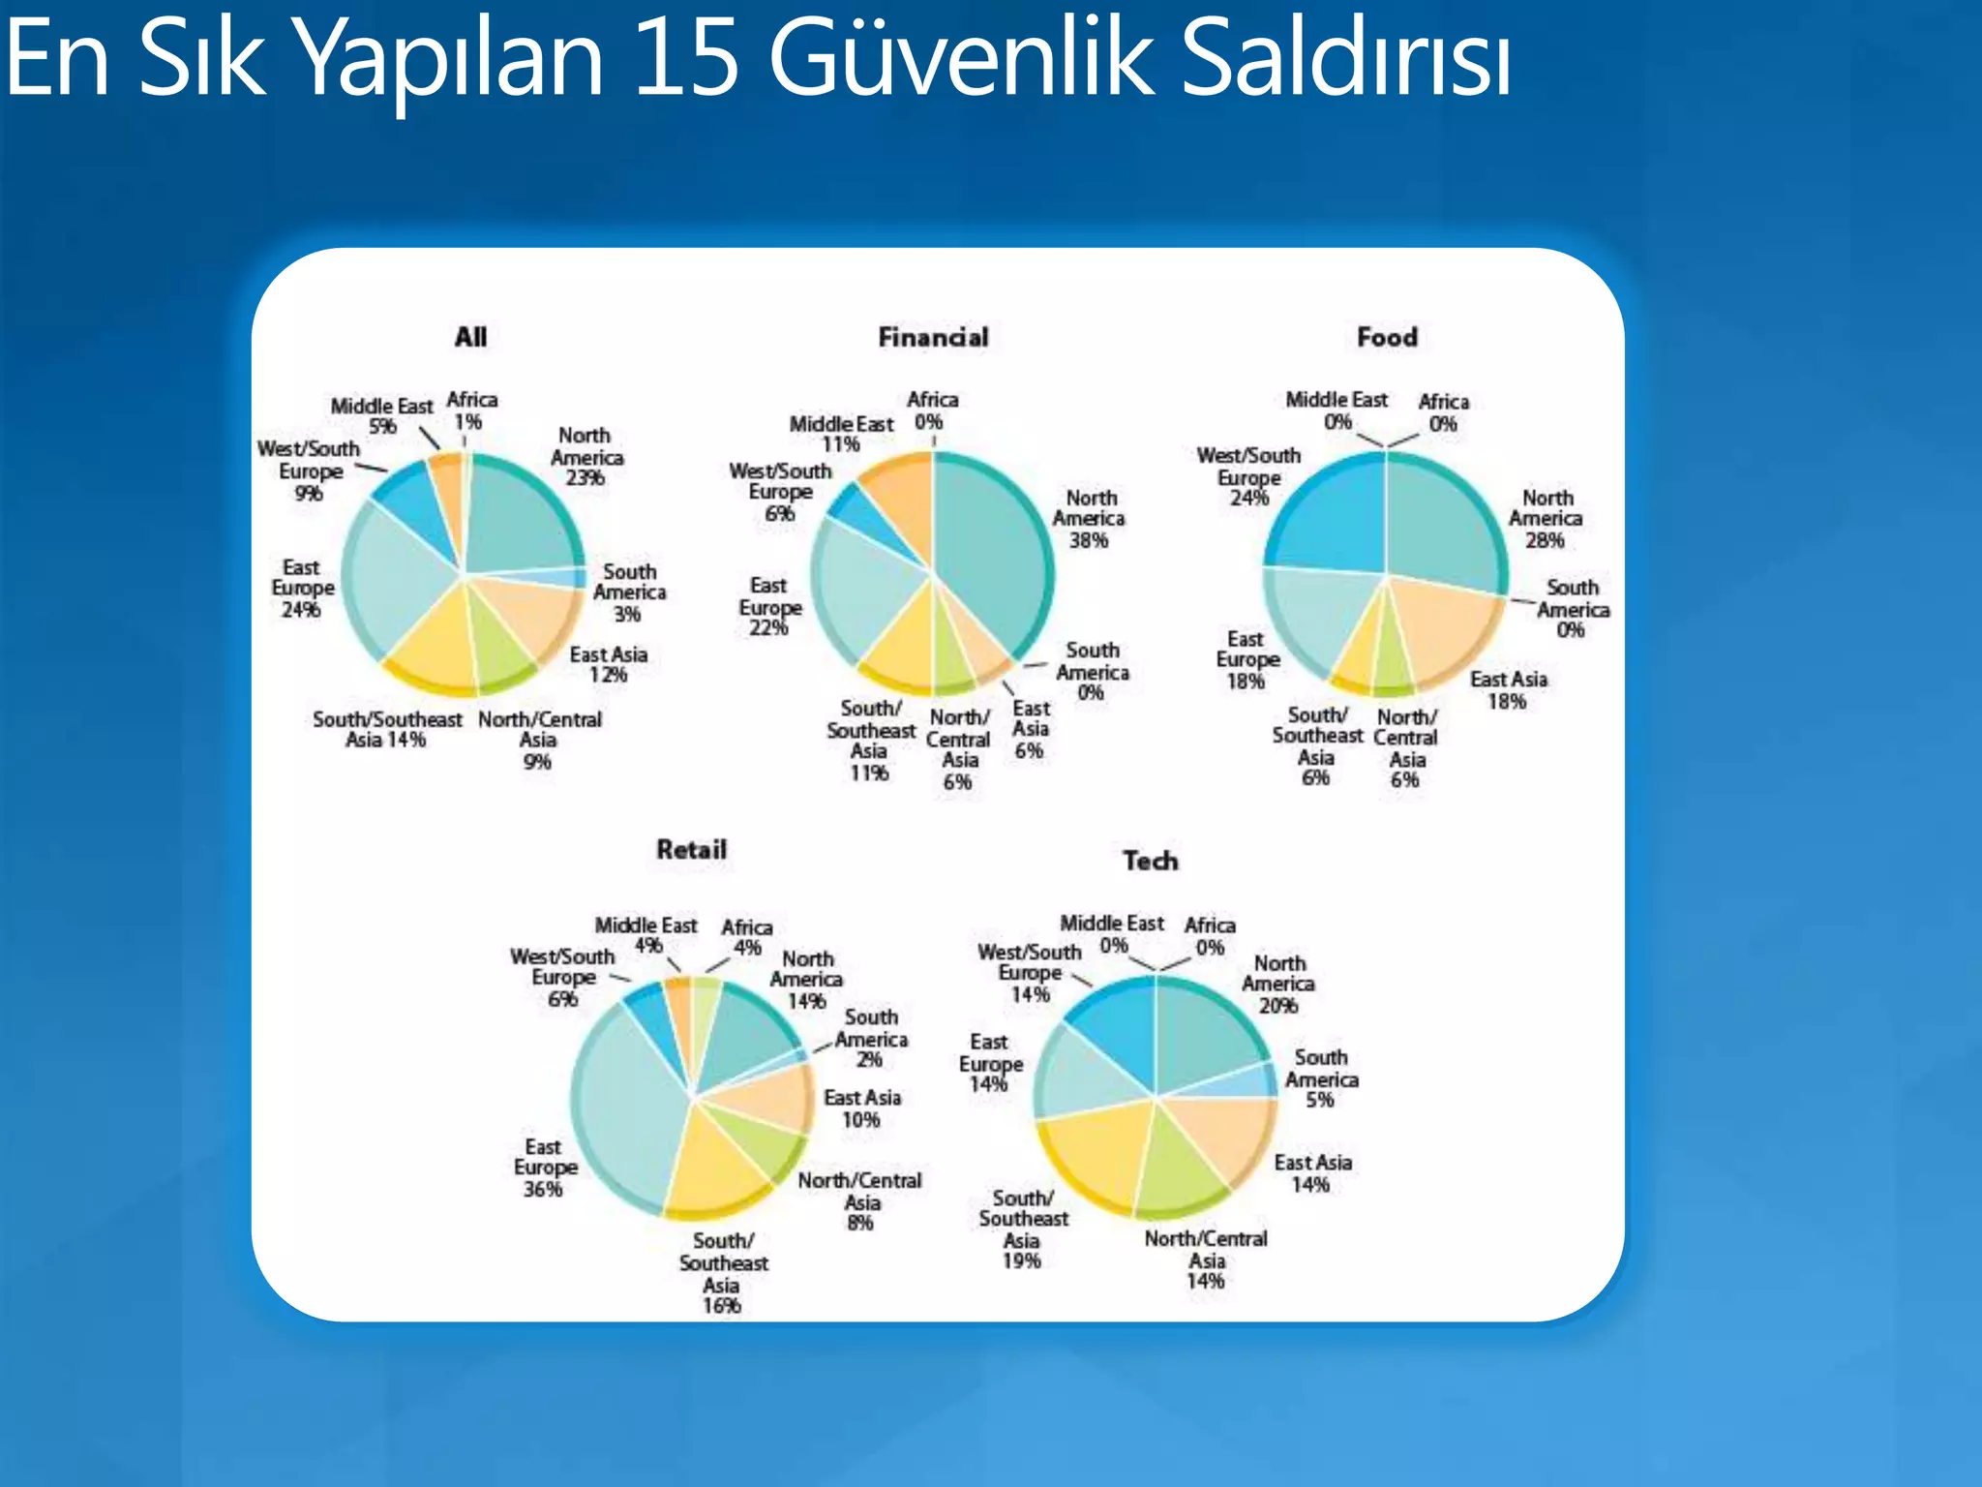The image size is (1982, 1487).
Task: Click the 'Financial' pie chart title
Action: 933,337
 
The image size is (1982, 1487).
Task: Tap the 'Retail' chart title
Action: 691,849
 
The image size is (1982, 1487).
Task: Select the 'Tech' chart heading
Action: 1150,861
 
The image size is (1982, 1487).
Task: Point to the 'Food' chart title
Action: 1387,337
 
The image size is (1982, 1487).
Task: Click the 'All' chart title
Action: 470,337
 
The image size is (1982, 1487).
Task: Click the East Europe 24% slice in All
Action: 397,581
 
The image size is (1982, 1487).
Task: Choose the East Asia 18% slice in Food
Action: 1442,629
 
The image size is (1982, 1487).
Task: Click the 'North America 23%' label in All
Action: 586,457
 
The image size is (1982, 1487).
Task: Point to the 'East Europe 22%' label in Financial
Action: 769,607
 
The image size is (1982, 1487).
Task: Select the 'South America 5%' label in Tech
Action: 1321,1078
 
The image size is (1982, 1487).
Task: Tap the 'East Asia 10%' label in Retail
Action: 861,1108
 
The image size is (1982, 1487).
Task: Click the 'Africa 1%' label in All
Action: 471,410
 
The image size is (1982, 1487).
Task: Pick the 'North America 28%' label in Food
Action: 1546,519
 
